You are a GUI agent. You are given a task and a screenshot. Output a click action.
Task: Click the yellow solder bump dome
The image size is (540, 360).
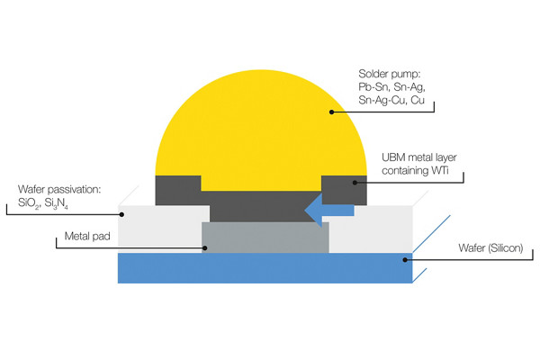coord(261,126)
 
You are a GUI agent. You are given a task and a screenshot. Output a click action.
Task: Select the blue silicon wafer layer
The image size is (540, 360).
coord(261,268)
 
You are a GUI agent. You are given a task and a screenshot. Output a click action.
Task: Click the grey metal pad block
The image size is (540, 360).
coord(265,237)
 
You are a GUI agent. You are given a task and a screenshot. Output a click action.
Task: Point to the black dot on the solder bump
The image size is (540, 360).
coord(331,112)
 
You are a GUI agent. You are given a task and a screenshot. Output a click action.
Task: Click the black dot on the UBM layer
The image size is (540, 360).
coord(355,183)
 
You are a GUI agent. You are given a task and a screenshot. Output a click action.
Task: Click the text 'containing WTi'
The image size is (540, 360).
coord(415,171)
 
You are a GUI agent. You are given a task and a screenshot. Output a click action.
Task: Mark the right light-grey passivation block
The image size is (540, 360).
coord(369,227)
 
